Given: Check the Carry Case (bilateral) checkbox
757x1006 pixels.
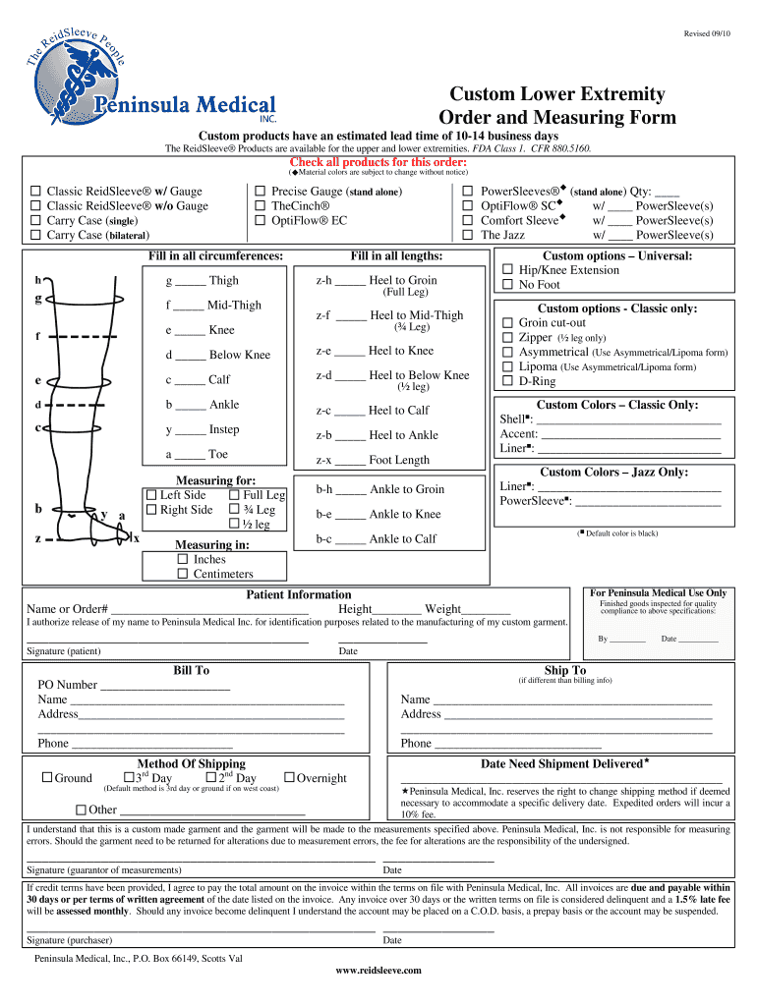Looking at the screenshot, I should (35, 236).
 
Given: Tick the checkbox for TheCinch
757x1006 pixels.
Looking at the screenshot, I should (261, 206).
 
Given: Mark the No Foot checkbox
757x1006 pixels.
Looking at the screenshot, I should (508, 285).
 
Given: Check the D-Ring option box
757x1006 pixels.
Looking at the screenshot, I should (508, 381).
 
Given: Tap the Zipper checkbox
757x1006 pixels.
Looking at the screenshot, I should (508, 337).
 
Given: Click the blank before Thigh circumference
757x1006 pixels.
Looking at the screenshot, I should (191, 282).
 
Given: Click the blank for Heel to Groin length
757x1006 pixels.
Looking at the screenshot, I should (350, 282).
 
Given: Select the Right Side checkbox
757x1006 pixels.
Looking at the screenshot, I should (151, 510).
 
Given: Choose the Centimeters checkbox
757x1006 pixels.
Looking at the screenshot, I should (183, 574).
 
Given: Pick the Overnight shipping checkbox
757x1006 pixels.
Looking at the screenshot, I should (289, 778).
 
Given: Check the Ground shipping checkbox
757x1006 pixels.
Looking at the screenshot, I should (46, 778).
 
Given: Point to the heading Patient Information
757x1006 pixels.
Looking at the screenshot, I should (298, 594).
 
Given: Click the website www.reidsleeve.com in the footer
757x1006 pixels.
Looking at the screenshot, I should (378, 971).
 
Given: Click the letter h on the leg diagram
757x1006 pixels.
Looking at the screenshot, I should (37, 279).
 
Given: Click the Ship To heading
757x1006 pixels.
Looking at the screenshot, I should (564, 670).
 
